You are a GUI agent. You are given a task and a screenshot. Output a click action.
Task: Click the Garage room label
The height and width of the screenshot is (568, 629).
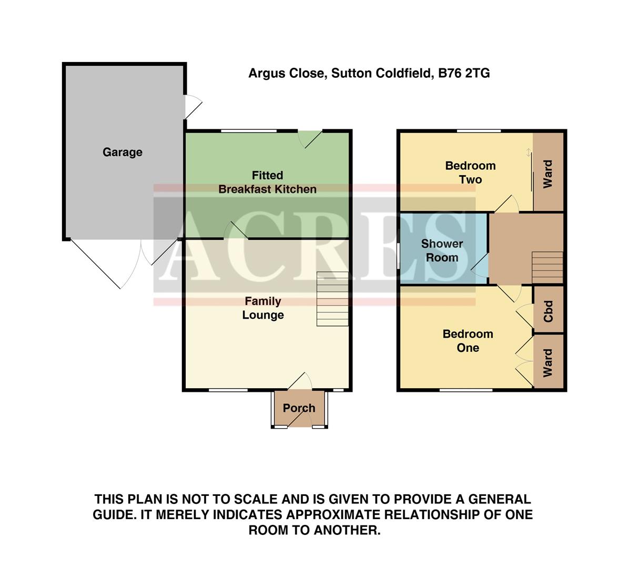click(x=122, y=153)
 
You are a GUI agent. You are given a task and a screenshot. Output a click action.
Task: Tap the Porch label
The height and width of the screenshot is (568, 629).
click(x=299, y=408)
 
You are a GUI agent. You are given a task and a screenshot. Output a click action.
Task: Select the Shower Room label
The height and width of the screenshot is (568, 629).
click(x=442, y=251)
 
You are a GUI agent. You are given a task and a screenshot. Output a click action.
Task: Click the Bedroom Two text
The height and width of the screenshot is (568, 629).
click(x=470, y=173)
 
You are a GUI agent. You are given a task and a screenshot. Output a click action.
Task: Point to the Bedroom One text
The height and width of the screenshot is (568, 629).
click(x=468, y=341)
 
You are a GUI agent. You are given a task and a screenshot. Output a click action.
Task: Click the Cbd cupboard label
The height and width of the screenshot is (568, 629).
click(x=549, y=311)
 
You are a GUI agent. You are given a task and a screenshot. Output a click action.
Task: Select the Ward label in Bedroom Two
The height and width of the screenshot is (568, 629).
click(x=548, y=174)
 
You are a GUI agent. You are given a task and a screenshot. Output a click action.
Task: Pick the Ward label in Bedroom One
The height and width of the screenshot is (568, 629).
click(x=548, y=362)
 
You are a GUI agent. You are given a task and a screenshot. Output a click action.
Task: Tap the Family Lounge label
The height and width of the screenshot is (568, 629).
click(x=262, y=308)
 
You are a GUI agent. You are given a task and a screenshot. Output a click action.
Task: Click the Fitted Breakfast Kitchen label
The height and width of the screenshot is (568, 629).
click(x=267, y=182)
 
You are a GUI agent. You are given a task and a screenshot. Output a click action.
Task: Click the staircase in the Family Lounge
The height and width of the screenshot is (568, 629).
click(x=332, y=299)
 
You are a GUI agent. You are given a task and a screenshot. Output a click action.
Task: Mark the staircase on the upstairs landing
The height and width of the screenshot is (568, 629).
click(x=547, y=267)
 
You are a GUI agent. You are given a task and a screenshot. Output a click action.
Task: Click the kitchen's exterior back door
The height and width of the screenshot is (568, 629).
click(x=310, y=138)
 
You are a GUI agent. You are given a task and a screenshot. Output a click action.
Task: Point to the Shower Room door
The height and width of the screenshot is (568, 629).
click(x=480, y=267)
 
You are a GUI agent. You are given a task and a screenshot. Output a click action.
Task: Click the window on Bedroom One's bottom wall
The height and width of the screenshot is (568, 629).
click(x=466, y=390)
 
